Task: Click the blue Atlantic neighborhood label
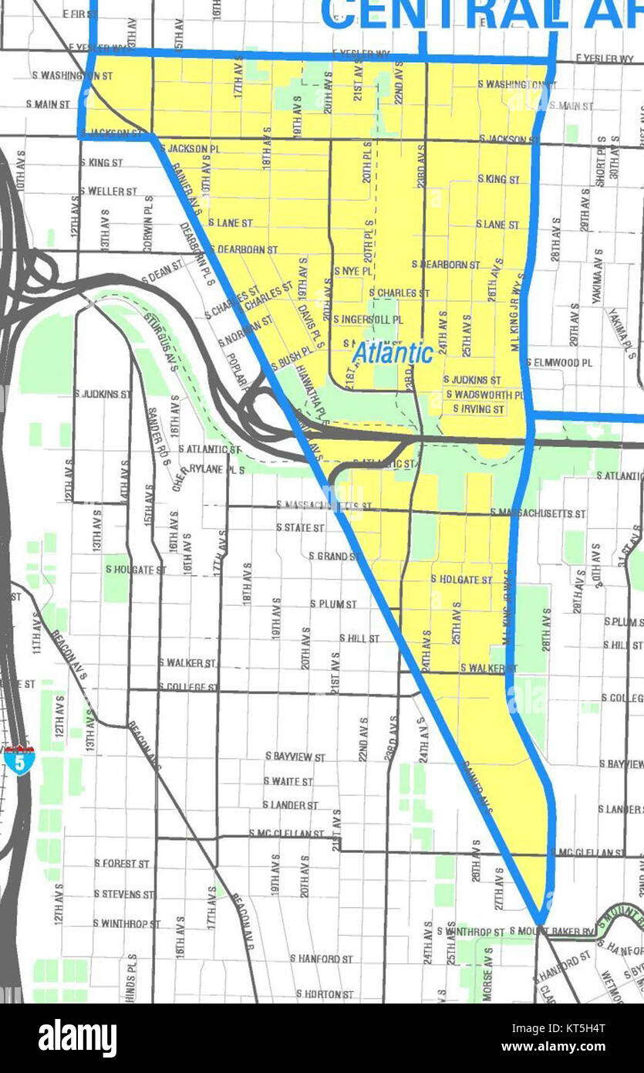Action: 393,354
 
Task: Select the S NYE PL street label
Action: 352,272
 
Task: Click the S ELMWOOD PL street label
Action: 560,362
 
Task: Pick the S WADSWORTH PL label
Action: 485,394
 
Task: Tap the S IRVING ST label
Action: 478,408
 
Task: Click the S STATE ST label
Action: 301,527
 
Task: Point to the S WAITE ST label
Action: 288,781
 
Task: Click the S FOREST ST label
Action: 122,863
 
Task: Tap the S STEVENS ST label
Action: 123,894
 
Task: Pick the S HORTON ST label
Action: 325,994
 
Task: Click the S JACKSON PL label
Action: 189,147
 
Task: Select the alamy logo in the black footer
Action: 78,1037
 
